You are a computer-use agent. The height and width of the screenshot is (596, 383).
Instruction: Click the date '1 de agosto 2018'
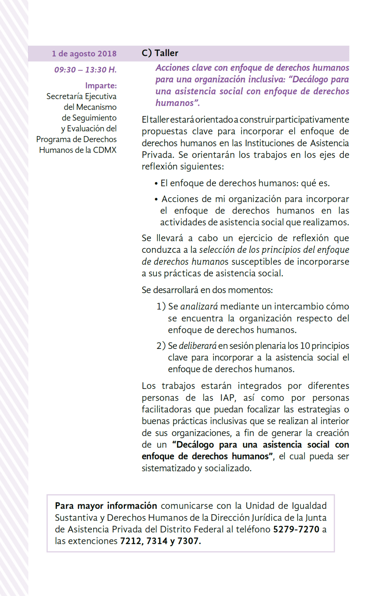(x=84, y=54)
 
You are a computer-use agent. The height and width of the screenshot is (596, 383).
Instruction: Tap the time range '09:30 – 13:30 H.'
(x=85, y=70)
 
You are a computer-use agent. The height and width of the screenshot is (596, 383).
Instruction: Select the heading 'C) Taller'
(x=160, y=53)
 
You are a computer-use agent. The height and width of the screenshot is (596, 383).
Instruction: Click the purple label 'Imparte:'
(x=101, y=86)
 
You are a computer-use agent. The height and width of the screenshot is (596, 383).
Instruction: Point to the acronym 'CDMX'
(x=105, y=150)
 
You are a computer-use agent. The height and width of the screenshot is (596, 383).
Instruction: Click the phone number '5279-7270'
(x=296, y=529)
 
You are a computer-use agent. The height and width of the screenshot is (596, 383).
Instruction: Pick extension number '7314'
(x=157, y=541)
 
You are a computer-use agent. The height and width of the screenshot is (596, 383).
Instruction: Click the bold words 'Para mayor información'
(x=106, y=506)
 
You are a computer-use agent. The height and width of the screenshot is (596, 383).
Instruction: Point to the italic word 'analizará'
(x=199, y=307)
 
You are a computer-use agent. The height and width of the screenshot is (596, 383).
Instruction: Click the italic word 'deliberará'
(x=198, y=346)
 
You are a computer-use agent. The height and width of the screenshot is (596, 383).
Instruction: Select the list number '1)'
(x=161, y=307)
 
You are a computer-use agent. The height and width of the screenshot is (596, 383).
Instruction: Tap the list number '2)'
(x=161, y=346)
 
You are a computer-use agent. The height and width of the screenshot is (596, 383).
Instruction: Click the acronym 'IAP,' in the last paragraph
(x=228, y=398)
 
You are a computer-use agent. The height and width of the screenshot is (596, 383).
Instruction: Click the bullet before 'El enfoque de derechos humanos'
(x=156, y=184)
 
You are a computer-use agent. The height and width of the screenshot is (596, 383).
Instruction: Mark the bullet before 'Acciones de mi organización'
(x=156, y=200)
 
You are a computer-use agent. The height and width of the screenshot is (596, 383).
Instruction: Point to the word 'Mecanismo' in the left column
(x=96, y=107)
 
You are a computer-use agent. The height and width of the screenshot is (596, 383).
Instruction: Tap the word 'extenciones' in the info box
(x=95, y=541)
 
